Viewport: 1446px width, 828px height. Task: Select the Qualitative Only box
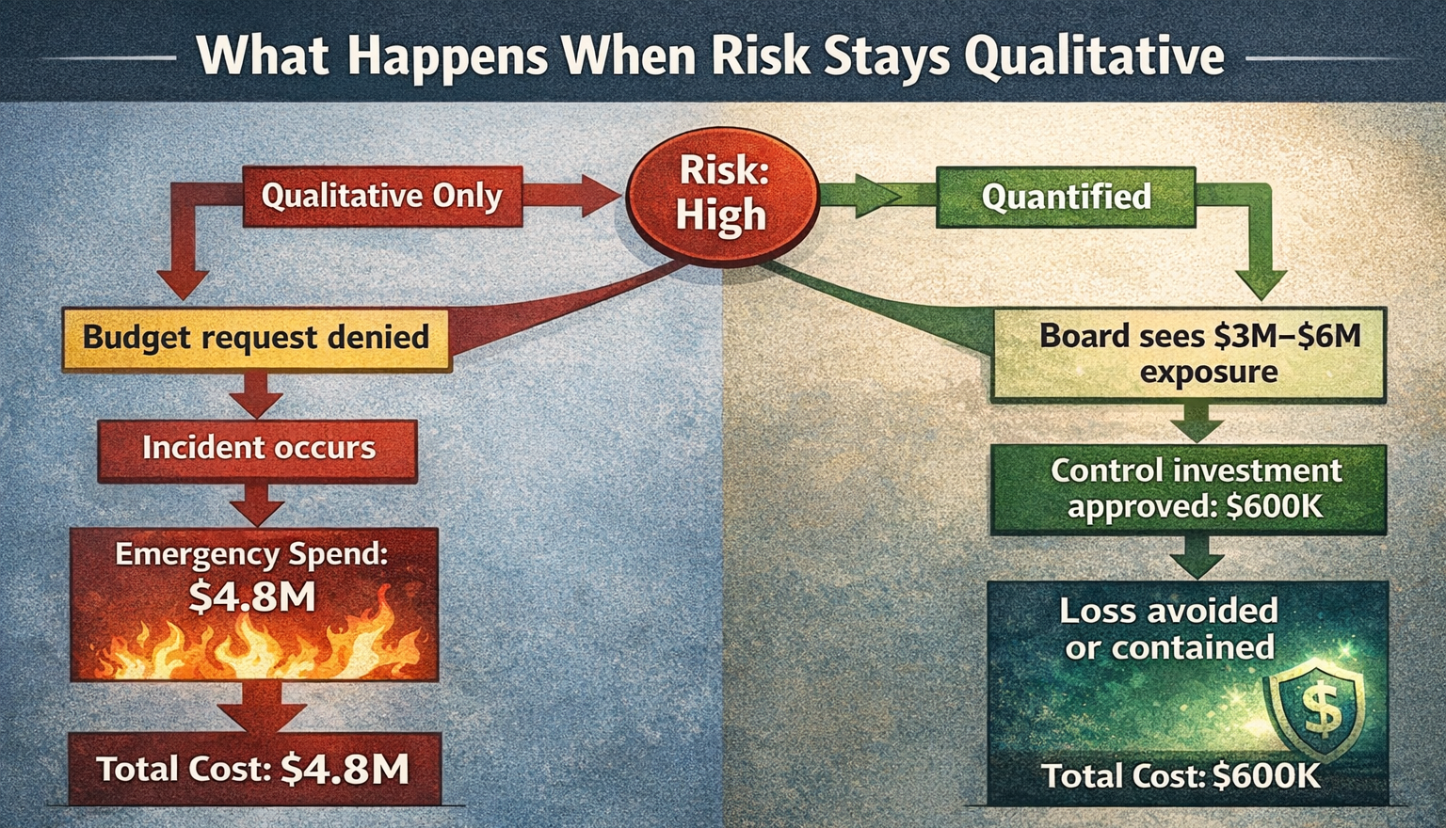pyautogui.click(x=381, y=197)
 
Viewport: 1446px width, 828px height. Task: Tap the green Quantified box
pyautogui.click(x=1066, y=198)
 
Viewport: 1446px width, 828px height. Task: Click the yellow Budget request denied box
pyautogui.click(x=255, y=338)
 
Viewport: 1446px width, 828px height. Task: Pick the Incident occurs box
pyautogui.click(x=258, y=449)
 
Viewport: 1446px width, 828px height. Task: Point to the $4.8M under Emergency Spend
pyautogui.click(x=252, y=597)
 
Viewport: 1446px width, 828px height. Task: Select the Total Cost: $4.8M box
pyautogui.click(x=254, y=770)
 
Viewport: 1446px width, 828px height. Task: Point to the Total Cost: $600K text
pyautogui.click(x=1181, y=776)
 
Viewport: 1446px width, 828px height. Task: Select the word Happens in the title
pyautogui.click(x=447, y=56)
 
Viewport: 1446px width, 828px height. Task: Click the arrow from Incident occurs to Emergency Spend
pyautogui.click(x=256, y=505)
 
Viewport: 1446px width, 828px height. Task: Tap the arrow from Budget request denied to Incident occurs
pyautogui.click(x=256, y=395)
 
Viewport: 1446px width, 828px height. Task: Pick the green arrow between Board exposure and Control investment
pyautogui.click(x=1196, y=422)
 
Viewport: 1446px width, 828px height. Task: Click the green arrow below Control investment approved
pyautogui.click(x=1196, y=557)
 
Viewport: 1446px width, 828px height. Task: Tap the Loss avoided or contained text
pyautogui.click(x=1169, y=629)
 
